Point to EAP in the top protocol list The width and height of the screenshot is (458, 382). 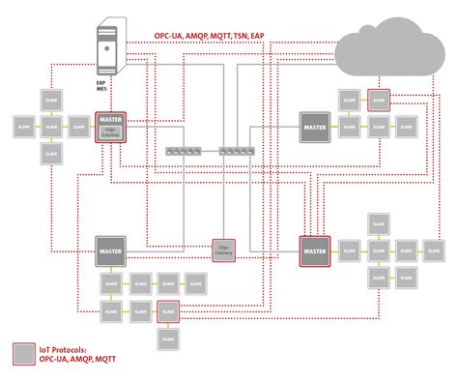click(258, 36)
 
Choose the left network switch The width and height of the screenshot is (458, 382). click(181, 151)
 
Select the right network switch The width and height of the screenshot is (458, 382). click(237, 151)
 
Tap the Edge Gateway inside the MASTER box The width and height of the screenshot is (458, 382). click(109, 134)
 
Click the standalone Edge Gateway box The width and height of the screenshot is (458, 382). click(225, 249)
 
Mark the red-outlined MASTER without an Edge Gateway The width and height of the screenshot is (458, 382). click(315, 250)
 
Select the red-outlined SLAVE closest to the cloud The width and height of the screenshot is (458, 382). click(378, 100)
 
